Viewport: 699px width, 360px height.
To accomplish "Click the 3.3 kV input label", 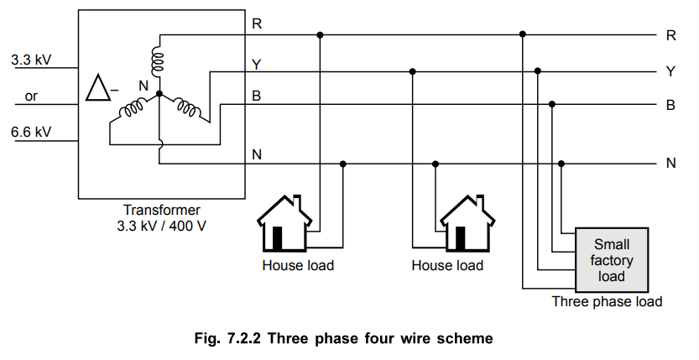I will [x=31, y=60].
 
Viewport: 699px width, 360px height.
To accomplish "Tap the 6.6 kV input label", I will [x=31, y=132].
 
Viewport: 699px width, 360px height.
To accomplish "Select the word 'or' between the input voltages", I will [x=31, y=97].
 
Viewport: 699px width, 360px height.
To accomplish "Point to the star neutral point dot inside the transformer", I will [x=159, y=94].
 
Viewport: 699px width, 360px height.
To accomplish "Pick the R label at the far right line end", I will [x=670, y=35].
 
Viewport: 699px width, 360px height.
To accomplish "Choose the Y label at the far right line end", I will [x=670, y=71].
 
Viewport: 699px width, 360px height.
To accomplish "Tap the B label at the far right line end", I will [x=670, y=106].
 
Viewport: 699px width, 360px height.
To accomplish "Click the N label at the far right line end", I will [x=670, y=163].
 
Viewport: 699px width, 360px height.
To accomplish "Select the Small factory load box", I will [x=611, y=259].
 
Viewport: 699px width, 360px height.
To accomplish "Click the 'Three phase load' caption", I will [x=607, y=301].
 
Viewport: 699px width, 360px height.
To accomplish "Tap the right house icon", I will [x=466, y=225].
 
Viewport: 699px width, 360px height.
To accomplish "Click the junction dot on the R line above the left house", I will [x=320, y=35].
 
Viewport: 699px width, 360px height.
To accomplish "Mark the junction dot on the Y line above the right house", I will [x=412, y=71].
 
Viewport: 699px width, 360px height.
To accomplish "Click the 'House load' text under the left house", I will [x=298, y=265].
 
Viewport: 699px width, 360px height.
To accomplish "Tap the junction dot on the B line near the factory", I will [x=552, y=105].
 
